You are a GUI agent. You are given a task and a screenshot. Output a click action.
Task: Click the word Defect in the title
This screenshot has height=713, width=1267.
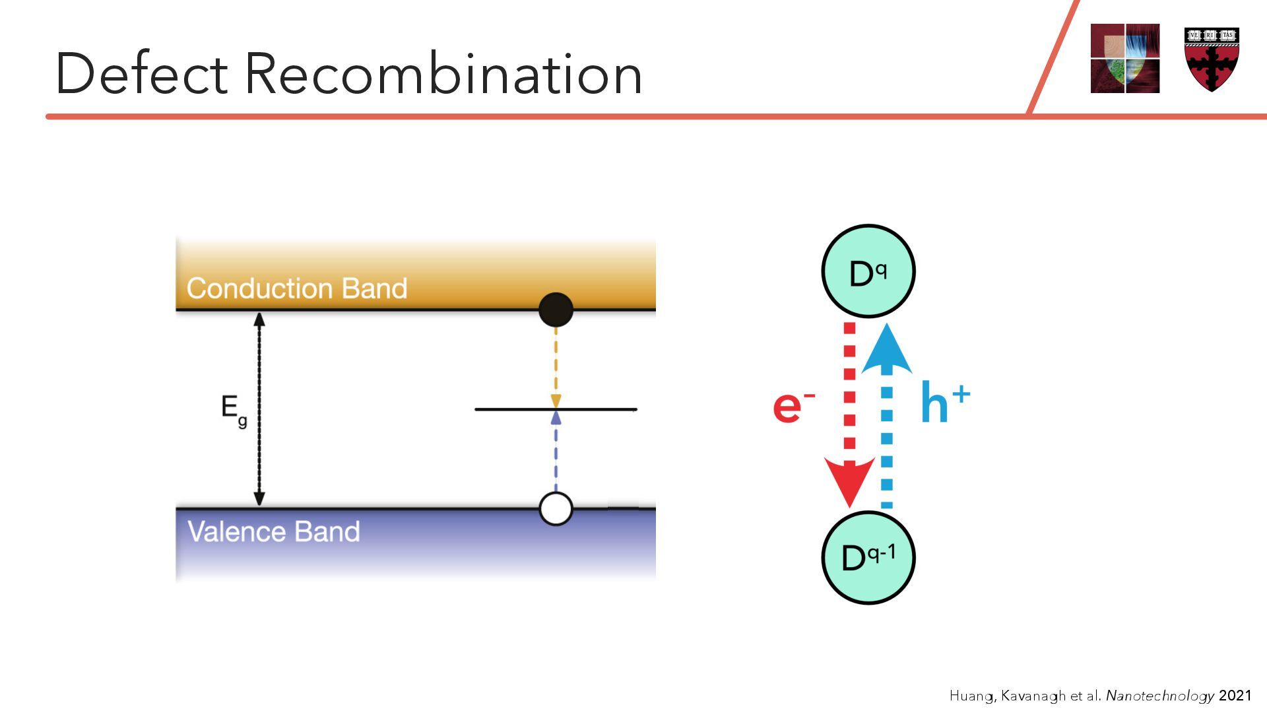(x=141, y=73)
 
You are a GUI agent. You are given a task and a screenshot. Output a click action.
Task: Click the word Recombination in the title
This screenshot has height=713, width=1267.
(x=443, y=73)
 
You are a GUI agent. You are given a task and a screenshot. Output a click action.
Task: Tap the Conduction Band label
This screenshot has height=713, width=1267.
(x=297, y=289)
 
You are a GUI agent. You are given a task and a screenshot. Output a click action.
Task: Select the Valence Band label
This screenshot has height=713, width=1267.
(x=274, y=531)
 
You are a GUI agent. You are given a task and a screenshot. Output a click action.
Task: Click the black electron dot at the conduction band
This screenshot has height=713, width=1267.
(x=556, y=310)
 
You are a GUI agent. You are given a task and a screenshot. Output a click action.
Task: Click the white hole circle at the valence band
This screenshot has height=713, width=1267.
(x=556, y=508)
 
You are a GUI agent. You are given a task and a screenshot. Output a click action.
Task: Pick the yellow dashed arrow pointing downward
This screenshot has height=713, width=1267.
(x=556, y=366)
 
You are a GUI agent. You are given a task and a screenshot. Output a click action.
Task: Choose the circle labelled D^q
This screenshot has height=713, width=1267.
(x=868, y=271)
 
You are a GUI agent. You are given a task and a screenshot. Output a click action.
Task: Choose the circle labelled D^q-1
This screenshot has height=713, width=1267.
(x=868, y=557)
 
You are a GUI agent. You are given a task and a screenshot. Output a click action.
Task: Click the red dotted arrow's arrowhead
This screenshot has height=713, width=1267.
(x=849, y=482)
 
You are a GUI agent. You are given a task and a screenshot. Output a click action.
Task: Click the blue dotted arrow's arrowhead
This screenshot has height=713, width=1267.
(x=887, y=350)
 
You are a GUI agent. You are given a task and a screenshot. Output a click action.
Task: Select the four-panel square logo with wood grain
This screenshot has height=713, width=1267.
(x=1124, y=58)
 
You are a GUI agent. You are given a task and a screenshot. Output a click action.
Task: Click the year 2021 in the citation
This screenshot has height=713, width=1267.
(x=1235, y=695)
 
